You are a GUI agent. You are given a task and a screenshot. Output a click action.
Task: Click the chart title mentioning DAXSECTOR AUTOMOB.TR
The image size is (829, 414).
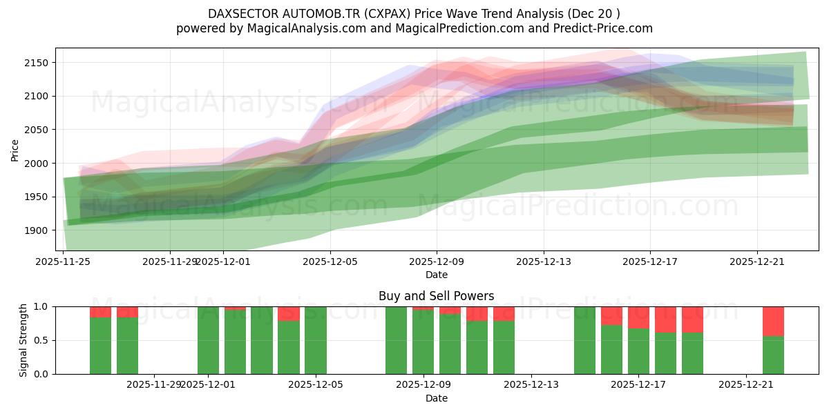pos(414,14)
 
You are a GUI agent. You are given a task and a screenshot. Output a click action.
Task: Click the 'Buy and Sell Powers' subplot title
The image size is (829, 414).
pos(436,296)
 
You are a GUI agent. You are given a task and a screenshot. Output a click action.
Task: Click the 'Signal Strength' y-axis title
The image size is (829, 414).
pos(23,340)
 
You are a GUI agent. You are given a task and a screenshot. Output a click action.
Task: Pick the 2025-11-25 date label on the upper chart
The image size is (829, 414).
pos(64,262)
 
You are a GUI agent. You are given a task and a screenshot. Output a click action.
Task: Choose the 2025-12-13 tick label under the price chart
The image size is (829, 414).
pos(544,262)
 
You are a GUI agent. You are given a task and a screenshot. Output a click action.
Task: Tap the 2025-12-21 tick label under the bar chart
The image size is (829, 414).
pos(746,384)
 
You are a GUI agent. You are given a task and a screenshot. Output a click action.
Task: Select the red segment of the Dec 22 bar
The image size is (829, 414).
pos(773,321)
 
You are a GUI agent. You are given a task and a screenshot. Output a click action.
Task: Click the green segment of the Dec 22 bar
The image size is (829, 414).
pos(773,355)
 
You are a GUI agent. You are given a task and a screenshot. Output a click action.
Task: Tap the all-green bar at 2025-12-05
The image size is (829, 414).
pos(316,340)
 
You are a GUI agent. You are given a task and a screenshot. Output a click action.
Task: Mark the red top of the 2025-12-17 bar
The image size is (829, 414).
pos(638,317)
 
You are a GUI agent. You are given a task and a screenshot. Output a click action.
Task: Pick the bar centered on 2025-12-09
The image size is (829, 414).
pos(423,342)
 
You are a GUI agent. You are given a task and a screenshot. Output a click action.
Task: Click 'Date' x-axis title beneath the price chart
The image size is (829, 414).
pos(436,275)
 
